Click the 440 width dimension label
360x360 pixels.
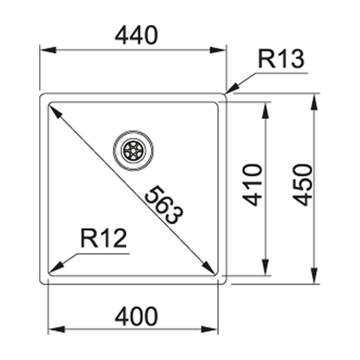(136, 35)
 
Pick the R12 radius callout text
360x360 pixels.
(104, 239)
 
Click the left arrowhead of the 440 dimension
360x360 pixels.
(47, 50)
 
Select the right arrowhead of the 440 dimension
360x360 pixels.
(218, 50)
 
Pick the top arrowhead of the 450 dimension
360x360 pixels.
(315, 102)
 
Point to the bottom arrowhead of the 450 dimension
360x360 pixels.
(315, 275)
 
